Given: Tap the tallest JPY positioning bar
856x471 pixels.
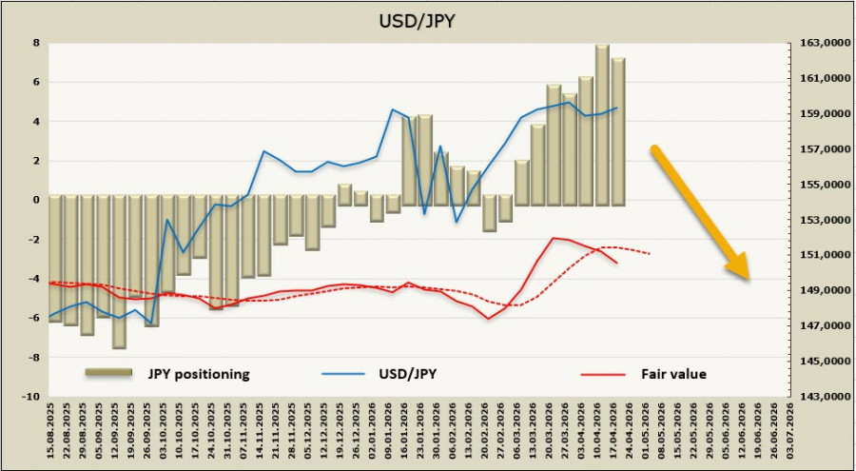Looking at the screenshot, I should [x=602, y=124].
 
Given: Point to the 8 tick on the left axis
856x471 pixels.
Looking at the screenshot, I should [x=35, y=43].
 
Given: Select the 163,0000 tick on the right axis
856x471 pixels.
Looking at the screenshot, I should [x=818, y=43].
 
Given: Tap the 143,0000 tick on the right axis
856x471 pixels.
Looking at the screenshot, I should [x=818, y=397].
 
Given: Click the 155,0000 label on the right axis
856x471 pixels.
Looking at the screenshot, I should [x=818, y=185].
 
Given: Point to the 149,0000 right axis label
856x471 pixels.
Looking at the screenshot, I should [x=818, y=291].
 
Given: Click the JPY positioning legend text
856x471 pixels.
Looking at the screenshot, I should [x=199, y=374].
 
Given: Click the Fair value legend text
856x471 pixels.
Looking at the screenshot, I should [x=673, y=374].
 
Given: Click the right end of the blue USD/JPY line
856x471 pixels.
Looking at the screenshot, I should [x=617, y=108].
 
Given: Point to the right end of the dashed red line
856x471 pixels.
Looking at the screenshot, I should [x=651, y=254].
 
